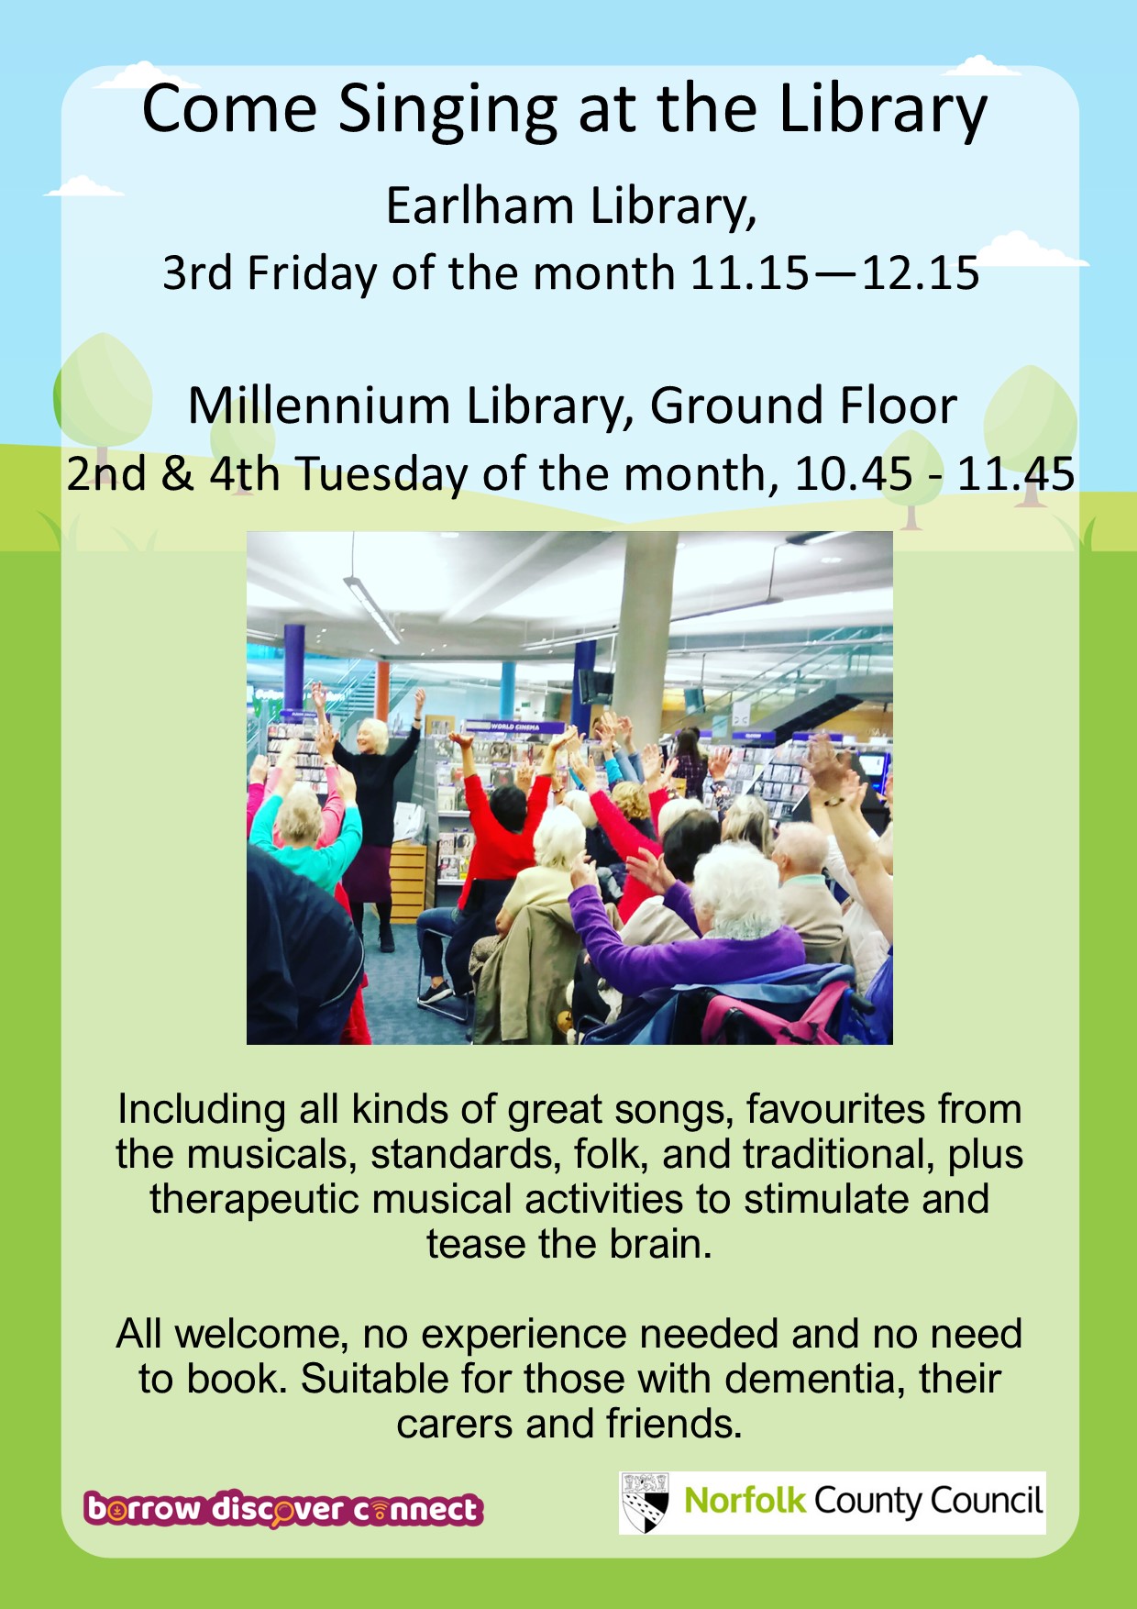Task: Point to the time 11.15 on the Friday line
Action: pyautogui.click(x=750, y=273)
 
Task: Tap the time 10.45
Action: pyautogui.click(x=854, y=474)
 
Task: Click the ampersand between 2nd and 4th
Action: pyautogui.click(x=178, y=474)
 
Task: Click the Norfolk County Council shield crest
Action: pyautogui.click(x=645, y=1503)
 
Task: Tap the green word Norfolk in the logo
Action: pyautogui.click(x=745, y=1501)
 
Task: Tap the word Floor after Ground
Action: pyautogui.click(x=895, y=405)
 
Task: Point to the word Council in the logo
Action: pyautogui.click(x=987, y=1501)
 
